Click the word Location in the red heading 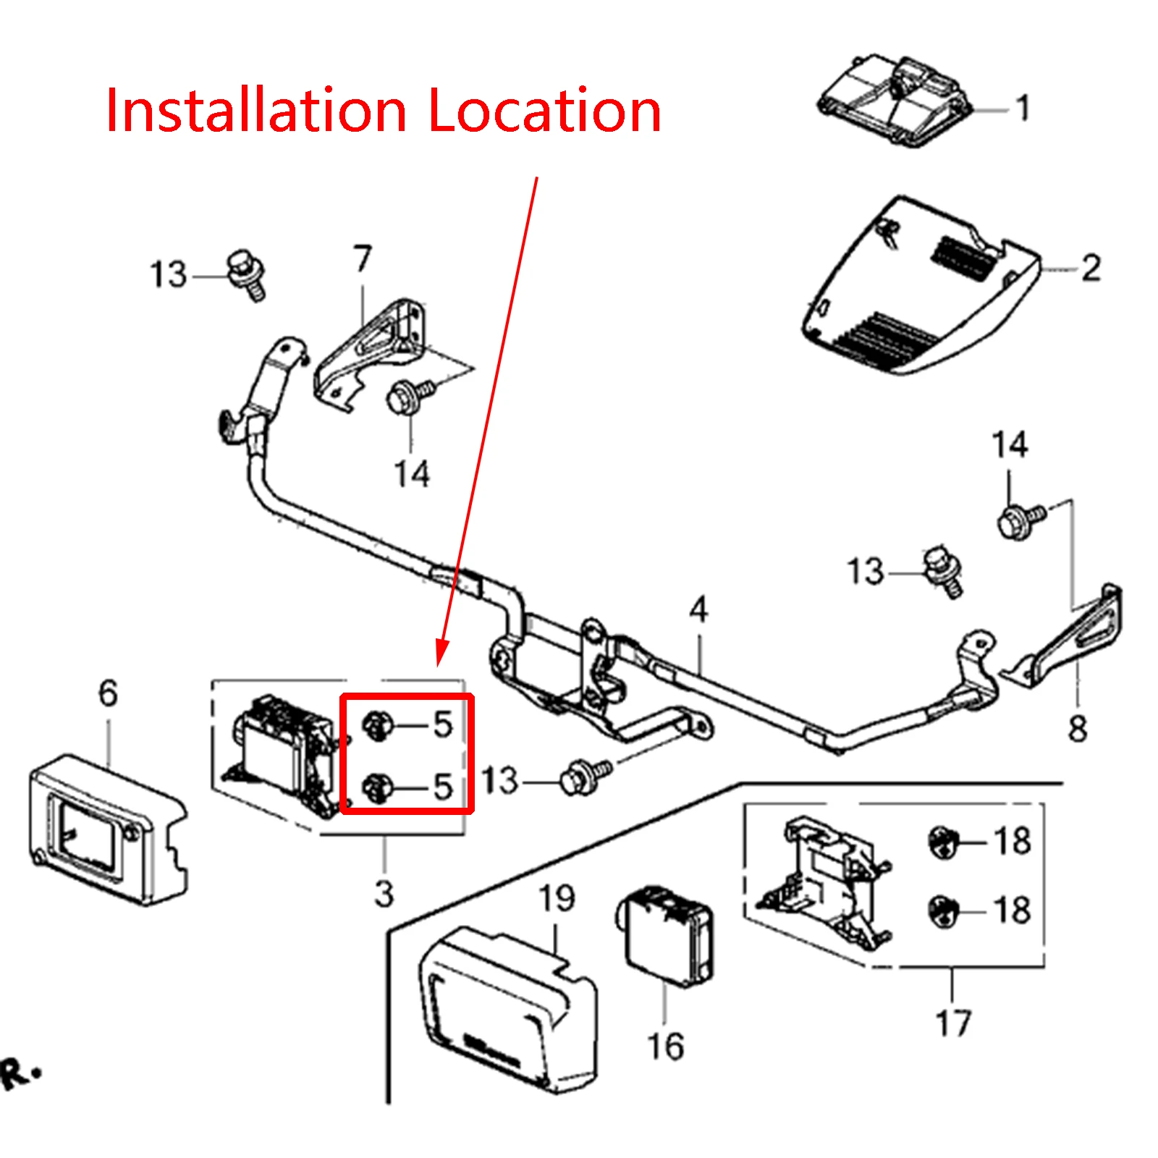tap(544, 111)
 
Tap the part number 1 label tap(1023, 108)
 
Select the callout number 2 tap(1091, 268)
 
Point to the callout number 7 tap(363, 258)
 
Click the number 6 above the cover tap(108, 693)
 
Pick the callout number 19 tap(557, 898)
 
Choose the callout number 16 tap(665, 1047)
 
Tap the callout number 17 tap(952, 1023)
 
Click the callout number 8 tap(1078, 728)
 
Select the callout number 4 tap(698, 609)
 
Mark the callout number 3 tap(384, 894)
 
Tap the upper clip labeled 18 tap(943, 842)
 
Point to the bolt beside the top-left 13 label tap(247, 274)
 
